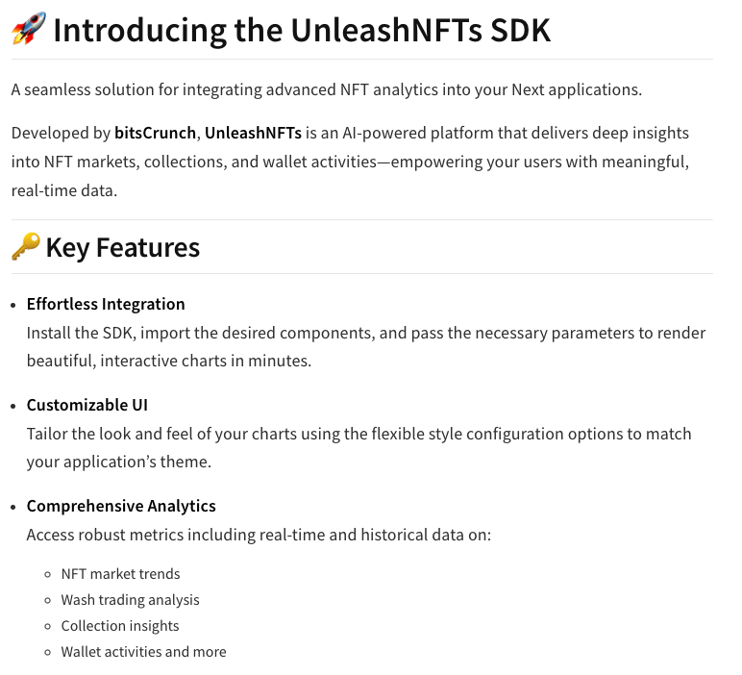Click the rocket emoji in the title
pos(28,29)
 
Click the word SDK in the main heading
pos(519,30)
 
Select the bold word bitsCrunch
pos(155,133)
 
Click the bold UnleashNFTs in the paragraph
pos(253,133)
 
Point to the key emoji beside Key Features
pos(25,247)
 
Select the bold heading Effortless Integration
pos(106,304)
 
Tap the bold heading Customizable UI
pos(87,405)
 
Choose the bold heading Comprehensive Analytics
pos(121,506)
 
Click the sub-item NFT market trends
pos(120,574)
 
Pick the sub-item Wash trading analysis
pos(130,600)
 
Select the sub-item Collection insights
pos(120,626)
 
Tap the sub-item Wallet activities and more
pos(143,652)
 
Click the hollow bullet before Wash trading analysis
pos(48,601)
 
